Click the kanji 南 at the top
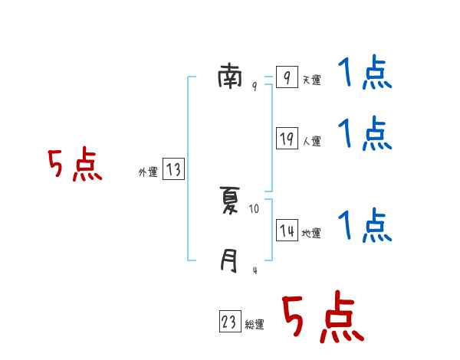[229, 77]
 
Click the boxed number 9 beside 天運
[286, 78]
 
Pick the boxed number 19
[287, 139]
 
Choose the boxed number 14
[287, 231]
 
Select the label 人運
[311, 141]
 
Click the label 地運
[311, 234]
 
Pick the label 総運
[255, 325]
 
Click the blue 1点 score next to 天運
[365, 74]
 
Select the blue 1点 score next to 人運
[365, 134]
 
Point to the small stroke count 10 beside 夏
[255, 208]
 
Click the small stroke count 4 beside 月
[254, 270]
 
